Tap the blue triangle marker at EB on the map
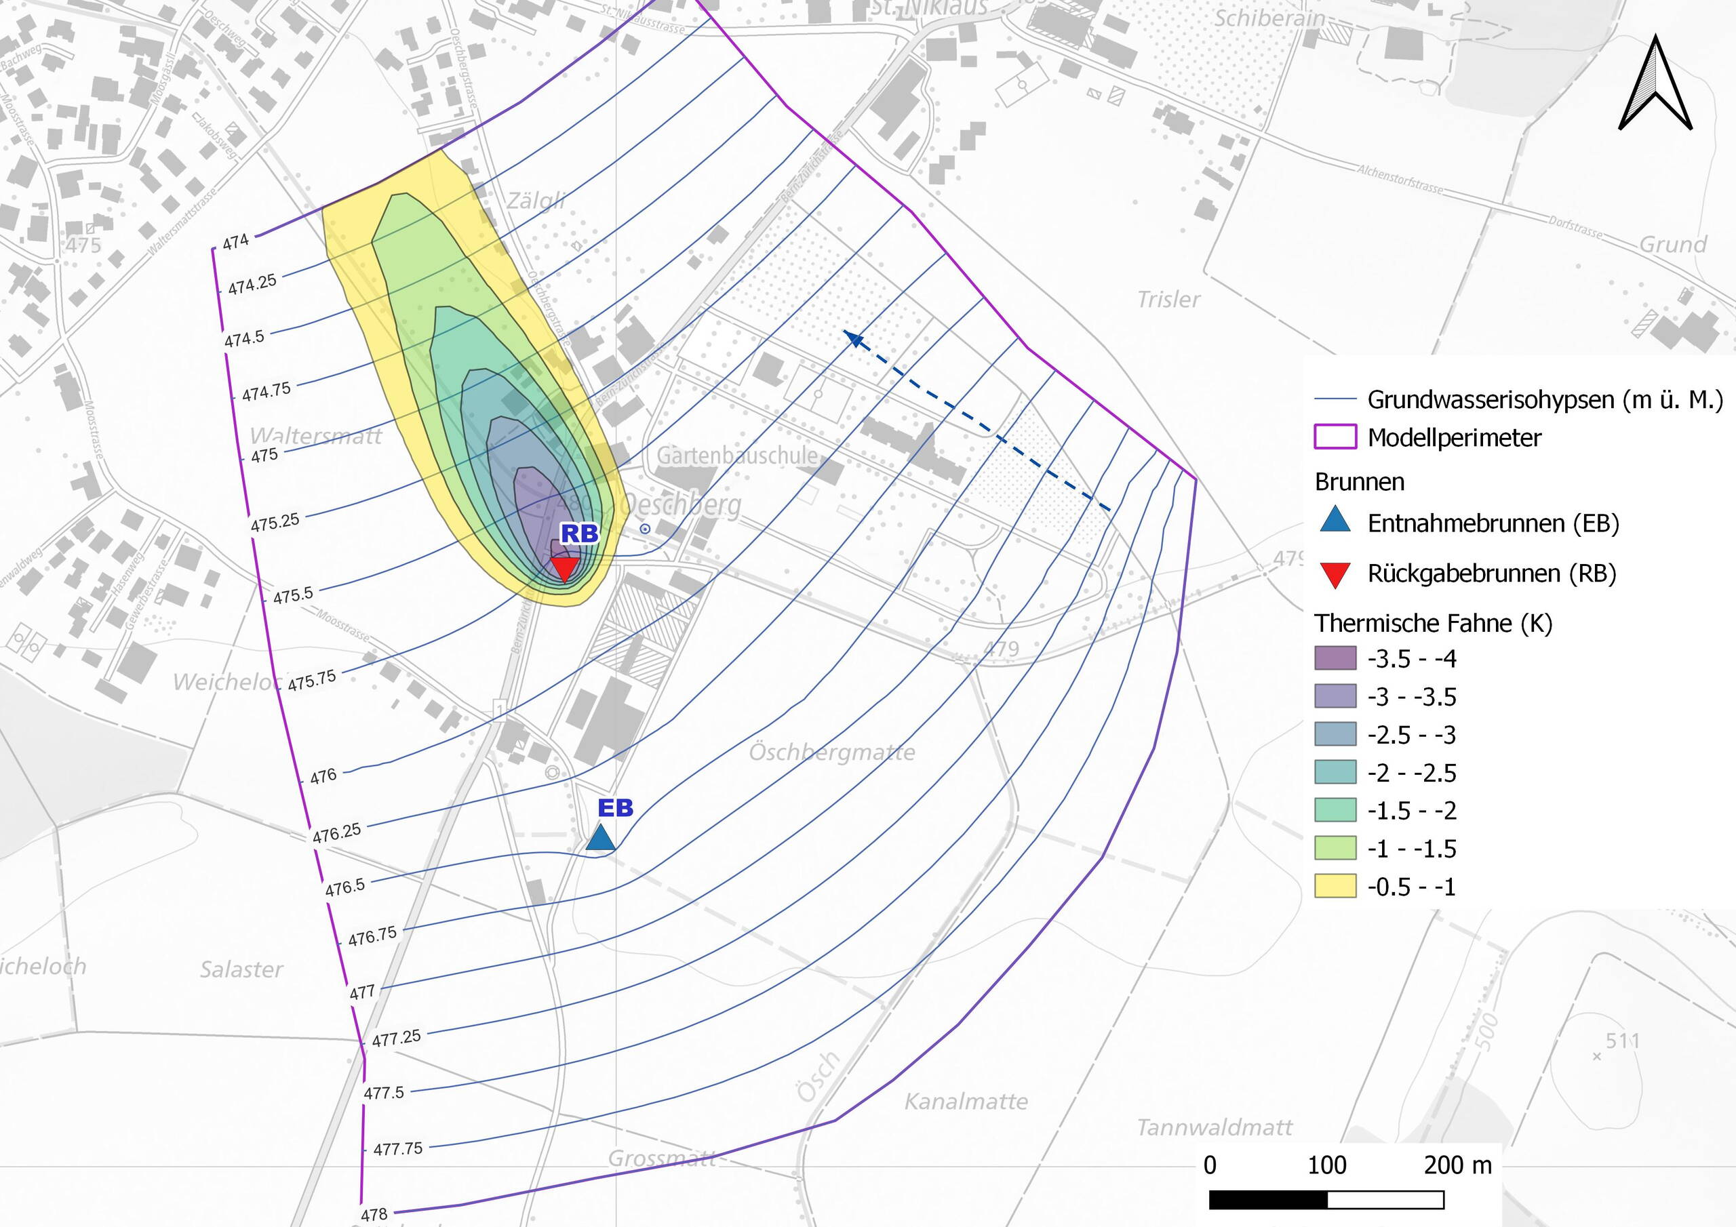[600, 838]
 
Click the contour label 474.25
[252, 284]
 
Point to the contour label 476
[323, 776]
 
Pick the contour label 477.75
[397, 1149]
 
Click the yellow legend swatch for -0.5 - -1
[1335, 886]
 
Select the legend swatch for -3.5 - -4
[1335, 658]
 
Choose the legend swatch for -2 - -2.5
[1335, 772]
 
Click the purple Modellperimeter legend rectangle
[1335, 437]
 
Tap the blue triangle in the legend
[1335, 520]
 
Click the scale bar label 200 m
[1457, 1165]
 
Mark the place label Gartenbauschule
[736, 455]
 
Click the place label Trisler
[1168, 300]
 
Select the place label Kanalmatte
[966, 1102]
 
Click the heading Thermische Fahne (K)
[1433, 623]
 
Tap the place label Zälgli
[535, 201]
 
